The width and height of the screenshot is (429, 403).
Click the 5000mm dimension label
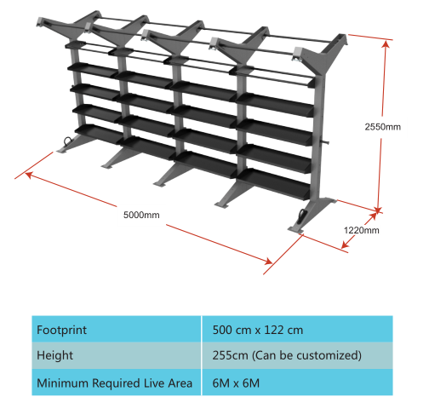141,215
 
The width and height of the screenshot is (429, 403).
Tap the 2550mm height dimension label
383,127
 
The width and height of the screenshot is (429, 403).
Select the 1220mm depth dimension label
362,230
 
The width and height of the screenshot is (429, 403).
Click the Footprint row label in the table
61,330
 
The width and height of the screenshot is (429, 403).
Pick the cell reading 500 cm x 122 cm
258,330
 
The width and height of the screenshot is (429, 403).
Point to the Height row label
54,355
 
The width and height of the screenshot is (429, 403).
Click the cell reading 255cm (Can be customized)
287,355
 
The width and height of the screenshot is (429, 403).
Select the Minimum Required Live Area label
114,383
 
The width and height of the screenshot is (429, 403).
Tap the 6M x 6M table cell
236,383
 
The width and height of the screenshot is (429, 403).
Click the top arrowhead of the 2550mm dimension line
386,43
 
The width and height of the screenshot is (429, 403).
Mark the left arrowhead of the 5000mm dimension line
28,174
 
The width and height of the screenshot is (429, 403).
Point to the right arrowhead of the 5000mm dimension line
269,261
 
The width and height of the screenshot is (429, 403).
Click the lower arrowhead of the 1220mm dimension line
345,245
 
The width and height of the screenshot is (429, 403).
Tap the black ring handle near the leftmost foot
68,141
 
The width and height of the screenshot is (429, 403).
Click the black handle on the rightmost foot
301,215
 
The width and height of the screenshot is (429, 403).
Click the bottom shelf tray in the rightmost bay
273,183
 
